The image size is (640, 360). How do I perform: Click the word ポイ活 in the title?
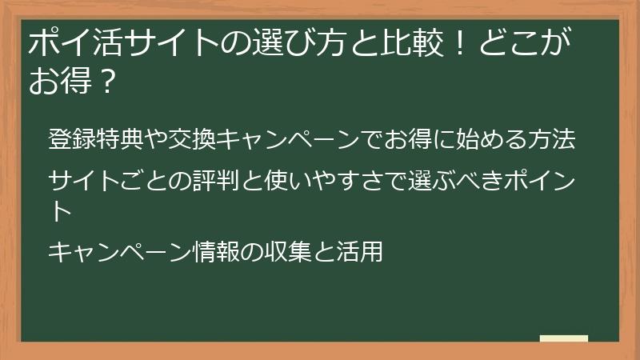click(67, 43)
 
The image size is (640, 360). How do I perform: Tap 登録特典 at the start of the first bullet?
click(95, 139)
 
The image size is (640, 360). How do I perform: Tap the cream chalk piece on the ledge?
click(564, 339)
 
